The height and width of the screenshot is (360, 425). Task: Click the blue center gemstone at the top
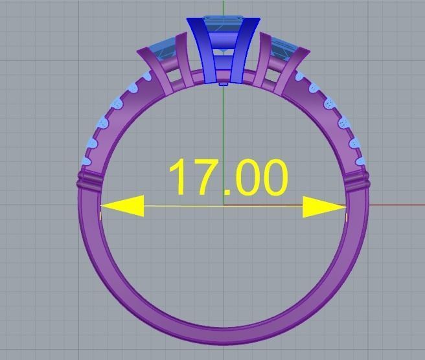pos(224,26)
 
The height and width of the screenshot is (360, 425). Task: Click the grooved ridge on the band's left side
pos(91,179)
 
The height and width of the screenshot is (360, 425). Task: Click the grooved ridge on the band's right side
pos(357,180)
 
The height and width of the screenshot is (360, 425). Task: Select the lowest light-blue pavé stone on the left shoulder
pos(86,159)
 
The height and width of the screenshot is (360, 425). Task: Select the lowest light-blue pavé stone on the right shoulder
pos(362,158)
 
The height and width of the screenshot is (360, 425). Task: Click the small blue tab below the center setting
pos(224,83)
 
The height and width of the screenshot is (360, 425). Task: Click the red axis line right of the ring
pos(395,205)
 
